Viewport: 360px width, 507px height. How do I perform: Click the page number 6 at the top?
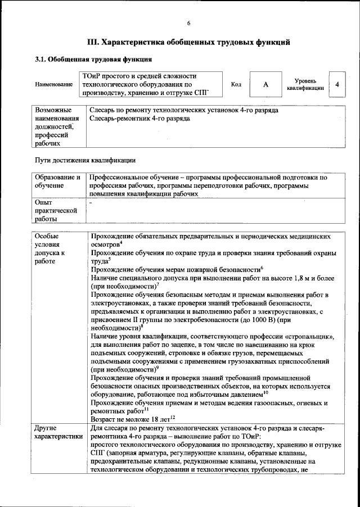point(189,22)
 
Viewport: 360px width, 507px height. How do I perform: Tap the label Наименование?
point(54,84)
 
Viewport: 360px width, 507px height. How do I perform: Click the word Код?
point(236,84)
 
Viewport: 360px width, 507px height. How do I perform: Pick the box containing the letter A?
point(265,84)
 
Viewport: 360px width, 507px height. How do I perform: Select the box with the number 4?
point(336,84)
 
